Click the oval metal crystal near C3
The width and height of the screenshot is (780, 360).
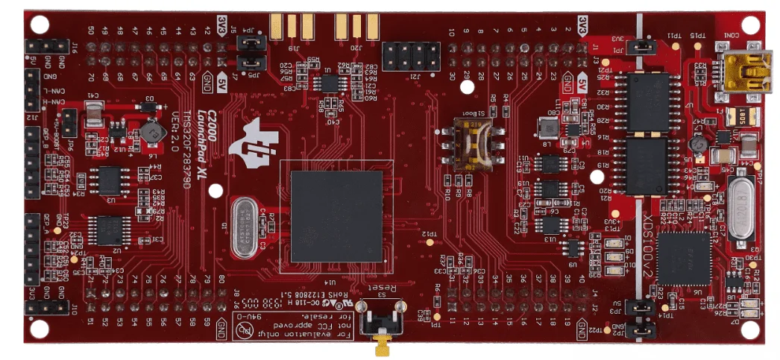(x=246, y=227)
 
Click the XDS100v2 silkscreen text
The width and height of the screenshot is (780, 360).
(x=647, y=239)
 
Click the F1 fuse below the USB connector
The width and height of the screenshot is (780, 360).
(x=741, y=117)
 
